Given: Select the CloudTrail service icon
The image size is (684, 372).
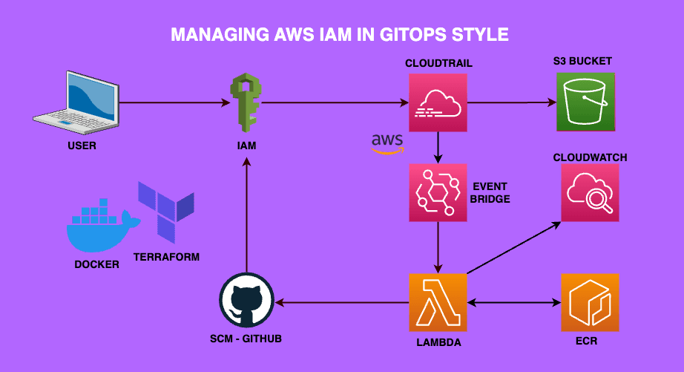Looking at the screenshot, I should point(438,102).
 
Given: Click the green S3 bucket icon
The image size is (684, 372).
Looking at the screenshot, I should point(586,102).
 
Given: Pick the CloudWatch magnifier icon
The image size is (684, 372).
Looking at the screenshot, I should point(590,192).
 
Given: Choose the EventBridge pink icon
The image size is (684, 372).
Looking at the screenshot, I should point(438,192).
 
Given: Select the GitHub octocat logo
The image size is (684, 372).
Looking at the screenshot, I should point(246,302).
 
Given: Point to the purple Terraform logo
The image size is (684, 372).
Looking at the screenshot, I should point(165,212).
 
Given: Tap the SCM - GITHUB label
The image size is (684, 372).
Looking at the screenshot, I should point(246,339).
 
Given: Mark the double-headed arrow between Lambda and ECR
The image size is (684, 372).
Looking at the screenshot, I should point(513,302).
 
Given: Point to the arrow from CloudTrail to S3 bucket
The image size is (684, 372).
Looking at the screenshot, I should point(512,103).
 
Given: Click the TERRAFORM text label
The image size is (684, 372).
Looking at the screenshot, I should point(166,257).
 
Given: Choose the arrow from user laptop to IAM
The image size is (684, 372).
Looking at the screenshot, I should point(171,103).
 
